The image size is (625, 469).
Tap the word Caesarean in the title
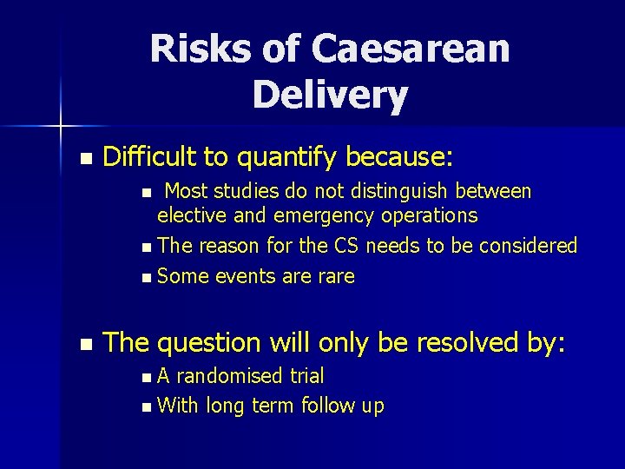tap(411, 50)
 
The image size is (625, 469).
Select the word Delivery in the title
tap(330, 94)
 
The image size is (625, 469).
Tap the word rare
tap(336, 276)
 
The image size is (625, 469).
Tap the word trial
tap(306, 376)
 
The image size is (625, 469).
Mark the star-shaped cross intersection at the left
tap(61, 127)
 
